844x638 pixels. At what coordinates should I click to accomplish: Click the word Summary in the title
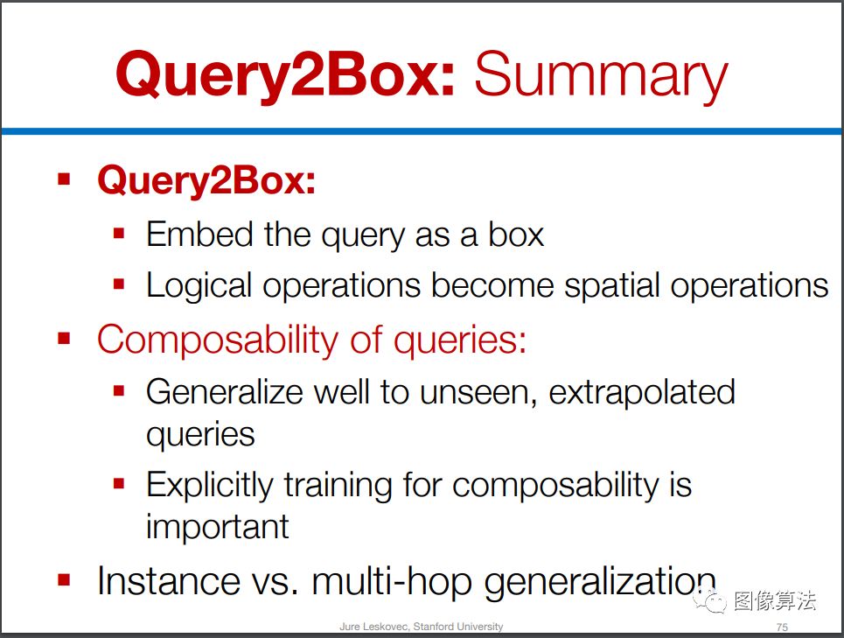pyautogui.click(x=601, y=75)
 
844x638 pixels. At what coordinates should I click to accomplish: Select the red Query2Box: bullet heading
pyautogui.click(x=206, y=181)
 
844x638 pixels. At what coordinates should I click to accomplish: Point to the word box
pyautogui.click(x=516, y=235)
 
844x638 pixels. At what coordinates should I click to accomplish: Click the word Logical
pyautogui.click(x=199, y=286)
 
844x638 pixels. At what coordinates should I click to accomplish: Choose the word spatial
pyautogui.click(x=611, y=286)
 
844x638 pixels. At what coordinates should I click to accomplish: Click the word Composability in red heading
pyautogui.click(x=218, y=340)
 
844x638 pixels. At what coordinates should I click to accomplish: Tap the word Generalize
pyautogui.click(x=224, y=391)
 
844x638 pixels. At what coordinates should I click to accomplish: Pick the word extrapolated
pyautogui.click(x=642, y=391)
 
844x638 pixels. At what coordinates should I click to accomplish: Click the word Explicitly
pyautogui.click(x=209, y=485)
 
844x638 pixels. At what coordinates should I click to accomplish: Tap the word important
pyautogui.click(x=218, y=527)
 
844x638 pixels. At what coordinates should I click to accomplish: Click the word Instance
pyautogui.click(x=168, y=581)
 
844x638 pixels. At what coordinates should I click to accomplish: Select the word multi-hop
pyautogui.click(x=392, y=582)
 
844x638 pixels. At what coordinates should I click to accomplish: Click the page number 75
pyautogui.click(x=782, y=627)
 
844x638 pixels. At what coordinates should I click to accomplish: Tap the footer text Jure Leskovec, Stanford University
pyautogui.click(x=422, y=626)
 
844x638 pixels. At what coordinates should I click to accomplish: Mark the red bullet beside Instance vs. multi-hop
pyautogui.click(x=64, y=580)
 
